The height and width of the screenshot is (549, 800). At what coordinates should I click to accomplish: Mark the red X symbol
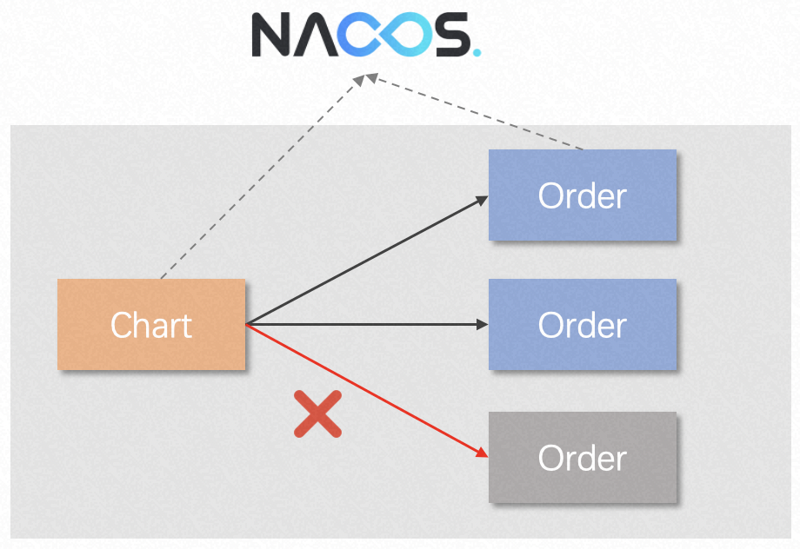[x=317, y=413]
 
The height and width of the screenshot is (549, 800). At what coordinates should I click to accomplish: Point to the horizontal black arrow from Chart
[x=365, y=325]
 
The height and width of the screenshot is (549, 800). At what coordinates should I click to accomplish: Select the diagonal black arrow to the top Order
[x=365, y=261]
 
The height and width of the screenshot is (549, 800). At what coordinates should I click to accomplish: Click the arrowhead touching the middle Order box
[x=483, y=325]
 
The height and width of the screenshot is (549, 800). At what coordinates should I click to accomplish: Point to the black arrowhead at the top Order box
[x=482, y=200]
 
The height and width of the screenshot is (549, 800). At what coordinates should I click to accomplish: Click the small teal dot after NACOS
[x=476, y=52]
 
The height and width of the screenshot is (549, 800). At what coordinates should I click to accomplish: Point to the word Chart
[x=151, y=326]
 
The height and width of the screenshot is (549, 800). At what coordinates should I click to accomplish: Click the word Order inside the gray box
[x=583, y=459]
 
